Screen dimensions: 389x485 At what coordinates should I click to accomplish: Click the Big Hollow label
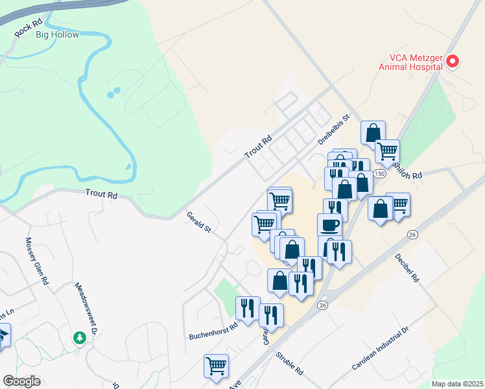(x=57, y=34)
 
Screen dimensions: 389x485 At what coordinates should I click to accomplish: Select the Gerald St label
(x=199, y=221)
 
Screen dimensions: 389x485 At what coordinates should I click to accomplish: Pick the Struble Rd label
(x=289, y=364)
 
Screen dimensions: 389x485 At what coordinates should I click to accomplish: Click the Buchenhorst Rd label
(x=214, y=331)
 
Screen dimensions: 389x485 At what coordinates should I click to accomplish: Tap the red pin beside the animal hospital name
(x=453, y=62)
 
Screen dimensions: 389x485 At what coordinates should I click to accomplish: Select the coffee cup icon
(x=329, y=224)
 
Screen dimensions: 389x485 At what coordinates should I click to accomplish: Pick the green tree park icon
(x=79, y=338)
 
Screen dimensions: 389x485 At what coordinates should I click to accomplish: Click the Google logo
(x=22, y=381)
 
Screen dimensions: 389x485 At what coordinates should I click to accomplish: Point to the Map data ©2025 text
(x=458, y=384)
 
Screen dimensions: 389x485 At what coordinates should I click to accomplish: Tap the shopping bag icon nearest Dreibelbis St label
(x=373, y=133)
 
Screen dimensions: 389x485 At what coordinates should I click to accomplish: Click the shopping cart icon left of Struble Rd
(x=216, y=365)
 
